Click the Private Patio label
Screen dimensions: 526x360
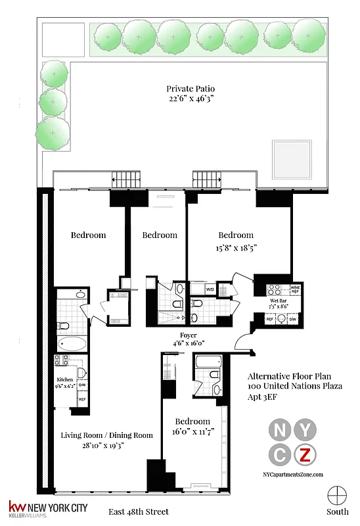(x=191, y=89)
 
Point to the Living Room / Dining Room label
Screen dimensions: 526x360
(x=107, y=435)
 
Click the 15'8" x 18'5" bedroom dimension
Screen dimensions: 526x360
(x=236, y=248)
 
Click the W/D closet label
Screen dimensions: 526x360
(x=210, y=289)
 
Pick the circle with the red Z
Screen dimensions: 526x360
(x=305, y=454)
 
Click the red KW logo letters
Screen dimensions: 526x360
(x=16, y=507)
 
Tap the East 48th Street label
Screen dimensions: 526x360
(x=139, y=512)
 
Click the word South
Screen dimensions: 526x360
(x=338, y=512)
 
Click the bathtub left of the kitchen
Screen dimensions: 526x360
(x=71, y=345)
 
